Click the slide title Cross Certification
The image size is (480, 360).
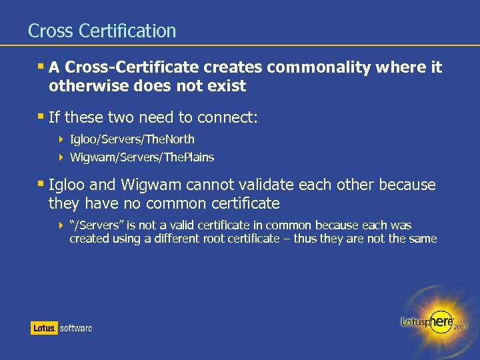coord(102,31)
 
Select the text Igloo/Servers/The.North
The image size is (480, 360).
coord(132,139)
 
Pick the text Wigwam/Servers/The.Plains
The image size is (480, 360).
coord(142,157)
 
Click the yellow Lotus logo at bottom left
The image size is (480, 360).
coord(44,328)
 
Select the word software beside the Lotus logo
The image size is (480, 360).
coord(76,328)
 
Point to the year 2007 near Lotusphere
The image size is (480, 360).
coord(460,327)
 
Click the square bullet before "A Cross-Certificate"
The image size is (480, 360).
coord(41,66)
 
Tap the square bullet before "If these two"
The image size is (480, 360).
coord(41,117)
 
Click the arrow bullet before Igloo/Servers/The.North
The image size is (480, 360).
coord(61,139)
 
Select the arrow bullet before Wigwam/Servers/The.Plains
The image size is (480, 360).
coord(61,157)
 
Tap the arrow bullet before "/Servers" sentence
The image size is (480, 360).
coord(61,226)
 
